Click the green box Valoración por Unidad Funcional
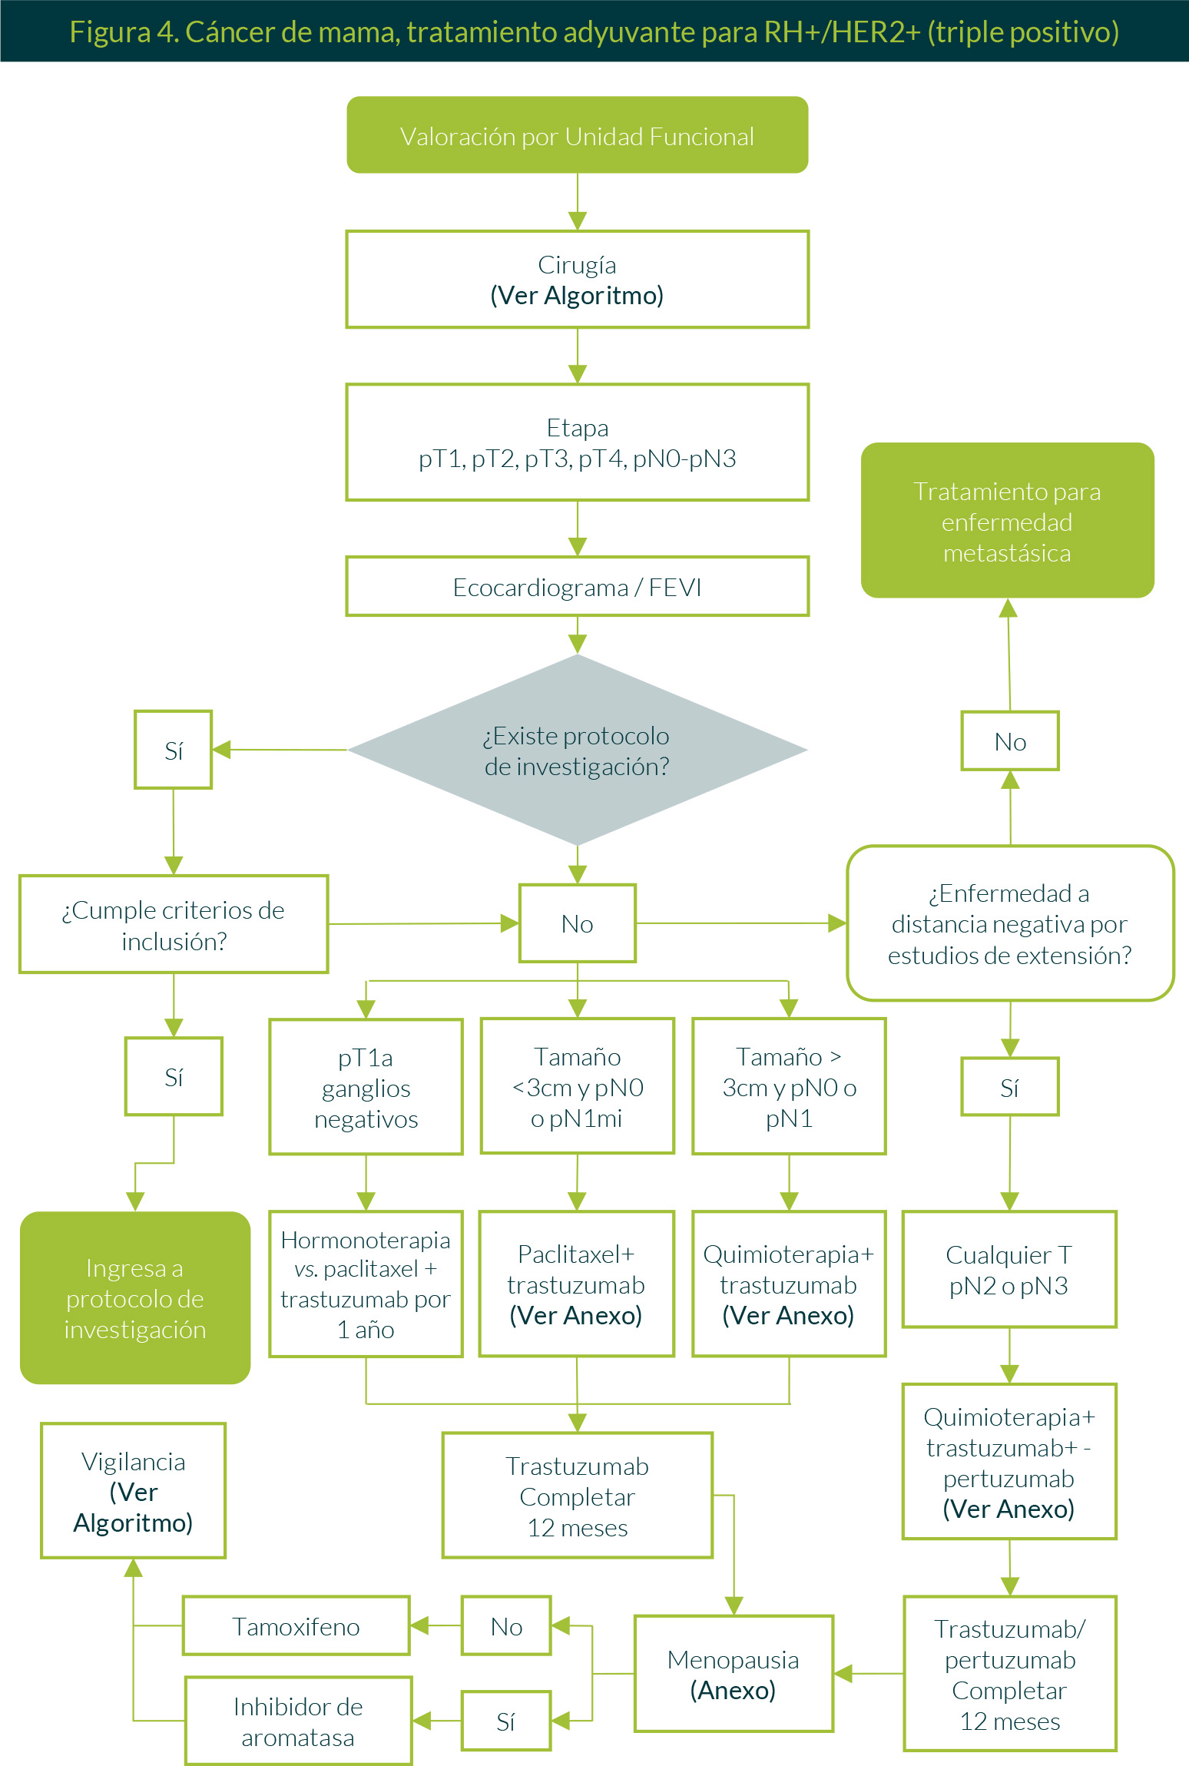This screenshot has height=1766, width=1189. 577,135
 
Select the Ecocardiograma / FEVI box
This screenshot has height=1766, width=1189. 577,587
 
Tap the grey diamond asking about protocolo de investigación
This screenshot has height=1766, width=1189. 577,750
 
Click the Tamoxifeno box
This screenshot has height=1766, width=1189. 296,1625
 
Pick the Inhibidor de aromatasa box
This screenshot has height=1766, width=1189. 298,1721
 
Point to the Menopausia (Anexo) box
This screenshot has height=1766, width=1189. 734,1674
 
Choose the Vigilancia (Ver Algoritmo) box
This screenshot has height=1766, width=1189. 133,1491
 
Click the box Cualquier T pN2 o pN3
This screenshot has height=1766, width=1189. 1008,1270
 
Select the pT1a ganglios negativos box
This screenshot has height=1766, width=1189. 366,1087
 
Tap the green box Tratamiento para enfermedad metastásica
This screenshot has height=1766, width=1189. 1007,521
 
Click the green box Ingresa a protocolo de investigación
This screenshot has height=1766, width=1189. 135,1298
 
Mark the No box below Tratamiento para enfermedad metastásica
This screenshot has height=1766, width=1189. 1010,741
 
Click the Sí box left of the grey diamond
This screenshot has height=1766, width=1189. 174,750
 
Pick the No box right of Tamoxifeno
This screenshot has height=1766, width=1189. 506,1625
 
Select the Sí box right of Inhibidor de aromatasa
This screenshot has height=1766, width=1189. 506,1721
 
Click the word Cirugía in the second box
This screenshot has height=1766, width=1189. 577,265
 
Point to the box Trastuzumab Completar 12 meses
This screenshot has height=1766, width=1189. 578,1496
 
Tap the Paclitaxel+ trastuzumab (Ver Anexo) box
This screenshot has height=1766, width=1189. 576,1284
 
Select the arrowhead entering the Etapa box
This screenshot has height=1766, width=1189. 578,374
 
